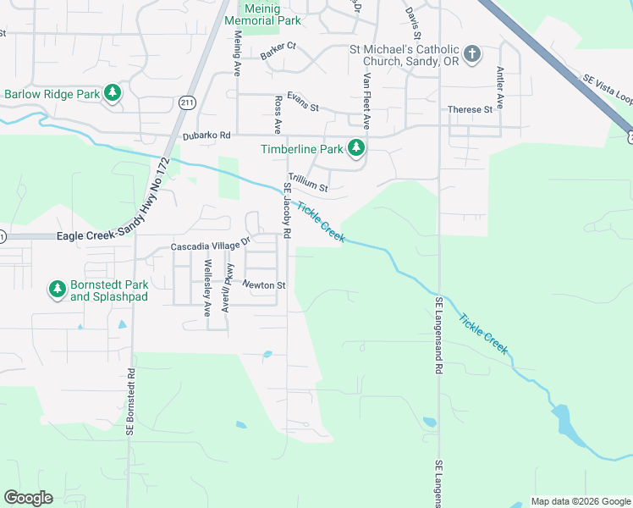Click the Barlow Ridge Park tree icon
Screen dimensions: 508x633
[x=112, y=93]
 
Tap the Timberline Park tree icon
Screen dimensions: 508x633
[x=356, y=149]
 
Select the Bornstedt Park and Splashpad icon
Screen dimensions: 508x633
[x=58, y=290]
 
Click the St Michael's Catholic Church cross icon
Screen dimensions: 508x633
[x=472, y=55]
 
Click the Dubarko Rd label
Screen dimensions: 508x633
[x=206, y=135]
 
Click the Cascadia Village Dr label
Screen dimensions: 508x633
[x=212, y=246]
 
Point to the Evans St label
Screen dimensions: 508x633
[x=302, y=108]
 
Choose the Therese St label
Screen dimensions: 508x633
[x=470, y=110]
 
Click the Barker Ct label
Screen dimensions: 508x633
[x=278, y=50]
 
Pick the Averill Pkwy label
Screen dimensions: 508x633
[x=227, y=289]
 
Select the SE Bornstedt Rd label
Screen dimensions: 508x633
[x=131, y=402]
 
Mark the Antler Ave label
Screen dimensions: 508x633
[x=500, y=88]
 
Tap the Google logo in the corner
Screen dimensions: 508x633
[x=28, y=498]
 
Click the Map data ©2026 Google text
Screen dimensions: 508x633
[x=580, y=501]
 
